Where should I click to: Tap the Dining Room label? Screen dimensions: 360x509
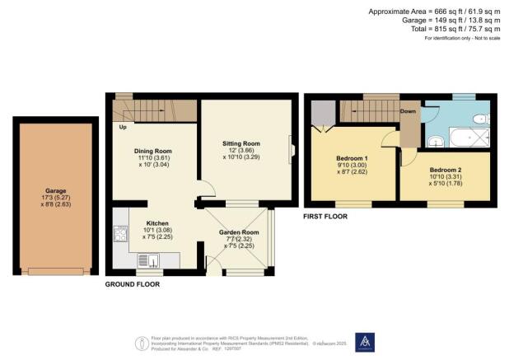[152, 152]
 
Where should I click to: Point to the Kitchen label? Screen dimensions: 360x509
[158, 223]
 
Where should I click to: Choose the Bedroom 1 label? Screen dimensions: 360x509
[352, 158]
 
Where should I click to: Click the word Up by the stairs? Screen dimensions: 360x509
[124, 128]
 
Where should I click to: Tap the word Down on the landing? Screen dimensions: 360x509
[408, 110]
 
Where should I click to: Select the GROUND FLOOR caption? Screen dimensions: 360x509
[132, 284]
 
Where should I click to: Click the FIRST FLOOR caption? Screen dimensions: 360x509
[325, 216]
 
